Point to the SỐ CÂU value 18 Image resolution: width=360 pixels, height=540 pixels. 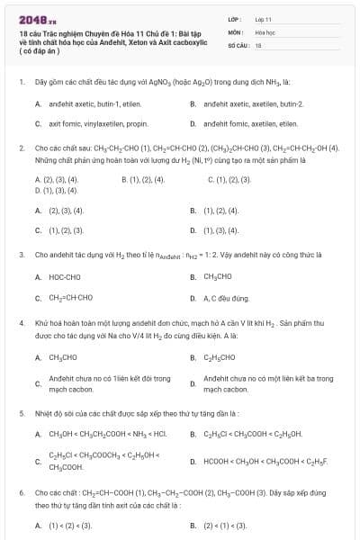tap(258, 43)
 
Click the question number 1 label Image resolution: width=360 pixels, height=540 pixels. tap(21, 81)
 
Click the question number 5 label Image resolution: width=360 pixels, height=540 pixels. tap(21, 414)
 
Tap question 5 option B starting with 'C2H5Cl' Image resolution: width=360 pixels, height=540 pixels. tap(251, 435)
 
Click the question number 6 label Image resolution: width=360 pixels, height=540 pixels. tap(21, 494)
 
